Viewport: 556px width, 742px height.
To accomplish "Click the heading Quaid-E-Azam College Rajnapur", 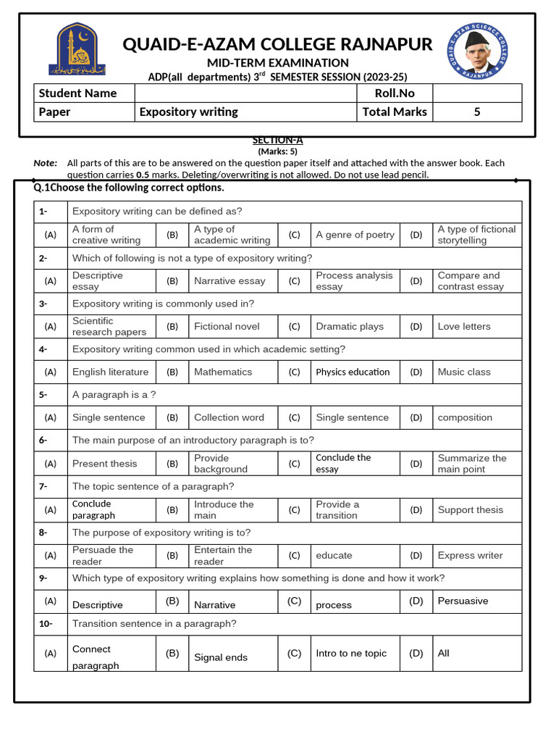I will [x=277, y=44].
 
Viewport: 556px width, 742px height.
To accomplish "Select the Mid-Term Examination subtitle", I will [x=278, y=63].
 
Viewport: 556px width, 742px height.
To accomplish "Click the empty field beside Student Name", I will [x=245, y=93].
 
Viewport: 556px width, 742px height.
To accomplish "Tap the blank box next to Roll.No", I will [x=476, y=93].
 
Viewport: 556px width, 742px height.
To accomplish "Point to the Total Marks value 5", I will [x=476, y=112].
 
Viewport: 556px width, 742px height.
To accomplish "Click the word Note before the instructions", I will [x=45, y=163].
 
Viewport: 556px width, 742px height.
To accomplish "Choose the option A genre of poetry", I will [x=355, y=235].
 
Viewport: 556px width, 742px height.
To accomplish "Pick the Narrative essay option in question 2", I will [x=229, y=281].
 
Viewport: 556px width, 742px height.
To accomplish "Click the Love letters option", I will [x=463, y=327].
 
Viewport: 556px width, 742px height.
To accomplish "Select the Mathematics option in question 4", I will [x=223, y=372].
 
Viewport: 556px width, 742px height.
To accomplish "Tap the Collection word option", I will [x=229, y=418].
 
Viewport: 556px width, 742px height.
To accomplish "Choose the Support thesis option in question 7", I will [x=470, y=510].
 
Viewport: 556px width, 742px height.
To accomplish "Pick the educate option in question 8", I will [x=334, y=556].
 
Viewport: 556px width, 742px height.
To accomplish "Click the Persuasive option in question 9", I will [x=463, y=601].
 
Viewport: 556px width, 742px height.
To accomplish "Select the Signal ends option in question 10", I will [x=220, y=658].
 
